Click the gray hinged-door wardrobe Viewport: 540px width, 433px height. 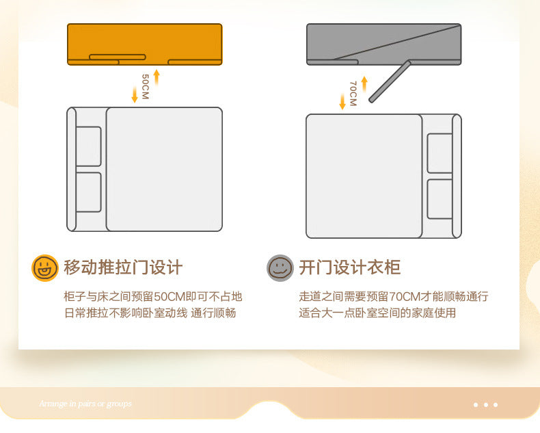point(383,43)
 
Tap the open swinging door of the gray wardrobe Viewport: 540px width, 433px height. point(390,82)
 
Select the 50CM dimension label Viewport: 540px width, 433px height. point(145,88)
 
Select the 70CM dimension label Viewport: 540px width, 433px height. point(353,94)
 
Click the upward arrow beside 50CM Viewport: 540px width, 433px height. point(157,77)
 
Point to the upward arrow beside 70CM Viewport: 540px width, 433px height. point(364,83)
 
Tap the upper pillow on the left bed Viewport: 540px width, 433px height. point(88,146)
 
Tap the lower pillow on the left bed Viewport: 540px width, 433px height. point(88,192)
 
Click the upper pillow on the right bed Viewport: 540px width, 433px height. point(440,153)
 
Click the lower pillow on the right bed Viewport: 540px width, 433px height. point(440,199)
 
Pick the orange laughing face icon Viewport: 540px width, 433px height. point(45,267)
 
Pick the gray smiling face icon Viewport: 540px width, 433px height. point(280,267)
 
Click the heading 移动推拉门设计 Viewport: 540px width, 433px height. point(123,267)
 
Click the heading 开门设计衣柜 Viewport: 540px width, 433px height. point(349,267)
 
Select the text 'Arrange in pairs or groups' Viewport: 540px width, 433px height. point(85,404)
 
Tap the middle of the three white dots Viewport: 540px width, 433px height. point(486,405)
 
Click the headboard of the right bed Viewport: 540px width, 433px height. point(457,176)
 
